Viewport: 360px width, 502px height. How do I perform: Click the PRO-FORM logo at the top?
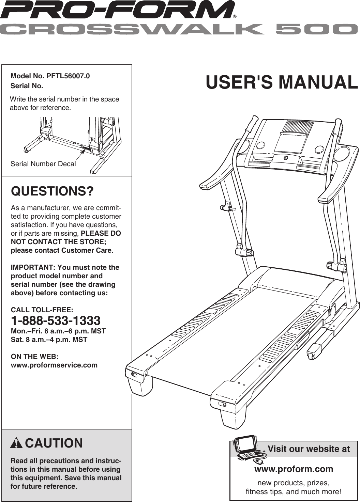(118, 10)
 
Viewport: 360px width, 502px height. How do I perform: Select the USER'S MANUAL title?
(282, 82)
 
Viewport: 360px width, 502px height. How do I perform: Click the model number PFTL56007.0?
(68, 76)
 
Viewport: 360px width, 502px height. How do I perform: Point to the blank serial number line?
(82, 87)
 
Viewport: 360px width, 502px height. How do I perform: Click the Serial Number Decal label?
(43, 164)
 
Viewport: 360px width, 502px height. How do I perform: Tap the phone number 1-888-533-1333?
(56, 320)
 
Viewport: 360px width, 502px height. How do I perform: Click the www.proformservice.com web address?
(54, 365)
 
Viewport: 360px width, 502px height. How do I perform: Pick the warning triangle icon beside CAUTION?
(16, 443)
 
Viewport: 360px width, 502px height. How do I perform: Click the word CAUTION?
(54, 443)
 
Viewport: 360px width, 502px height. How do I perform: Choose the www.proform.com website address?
(294, 469)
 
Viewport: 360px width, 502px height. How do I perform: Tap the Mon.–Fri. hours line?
(58, 331)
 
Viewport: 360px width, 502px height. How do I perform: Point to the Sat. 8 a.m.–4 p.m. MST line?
(49, 340)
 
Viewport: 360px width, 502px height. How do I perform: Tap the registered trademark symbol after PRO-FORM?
(235, 16)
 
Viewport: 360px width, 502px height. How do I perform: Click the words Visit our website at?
(309, 449)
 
